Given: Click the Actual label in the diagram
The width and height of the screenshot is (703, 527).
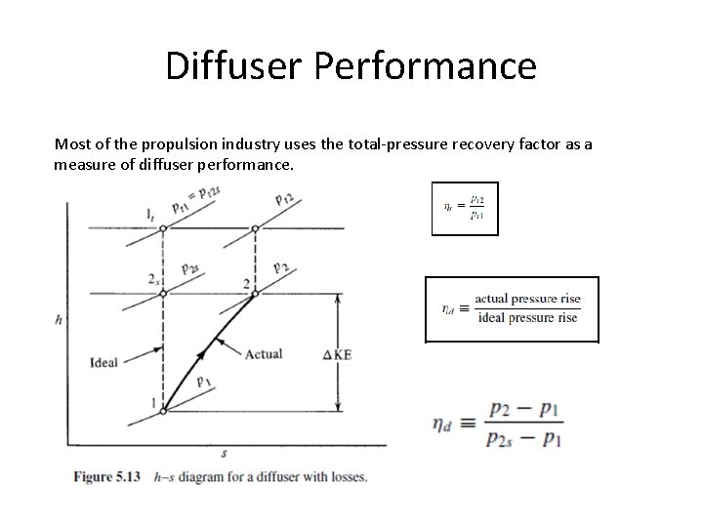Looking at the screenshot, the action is (x=264, y=354).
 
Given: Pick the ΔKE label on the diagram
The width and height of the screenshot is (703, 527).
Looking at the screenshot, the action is (x=337, y=354).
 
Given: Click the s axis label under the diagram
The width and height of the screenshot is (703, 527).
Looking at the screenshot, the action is (x=225, y=453).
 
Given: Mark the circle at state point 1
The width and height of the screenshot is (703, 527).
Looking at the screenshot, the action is (x=163, y=411).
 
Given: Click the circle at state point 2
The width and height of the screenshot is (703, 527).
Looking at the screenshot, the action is (x=256, y=291).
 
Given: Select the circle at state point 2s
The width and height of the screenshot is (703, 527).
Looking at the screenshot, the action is (x=163, y=291).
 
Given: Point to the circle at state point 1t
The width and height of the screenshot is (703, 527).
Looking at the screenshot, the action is (x=163, y=227).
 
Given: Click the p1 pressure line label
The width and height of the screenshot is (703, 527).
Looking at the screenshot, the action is (x=204, y=382).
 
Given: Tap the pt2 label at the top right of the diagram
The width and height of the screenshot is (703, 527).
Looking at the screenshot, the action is (x=286, y=200).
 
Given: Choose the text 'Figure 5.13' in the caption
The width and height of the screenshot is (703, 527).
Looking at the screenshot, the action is (x=107, y=477).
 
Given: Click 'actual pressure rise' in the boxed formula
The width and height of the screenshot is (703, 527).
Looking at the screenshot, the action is (x=526, y=298).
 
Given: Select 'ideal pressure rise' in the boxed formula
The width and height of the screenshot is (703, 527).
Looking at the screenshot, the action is (x=528, y=317).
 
